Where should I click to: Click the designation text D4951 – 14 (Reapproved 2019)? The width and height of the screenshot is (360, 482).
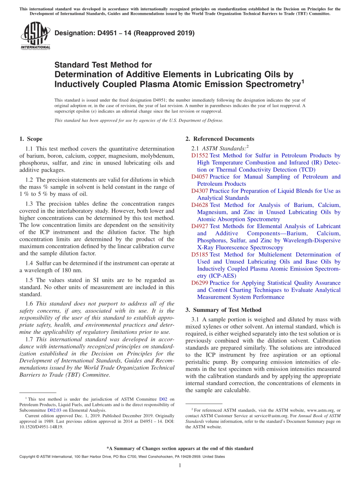coord(125,33)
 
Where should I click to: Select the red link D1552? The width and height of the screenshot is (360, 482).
coord(200,155)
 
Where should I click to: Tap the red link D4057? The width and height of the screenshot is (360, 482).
coord(200,177)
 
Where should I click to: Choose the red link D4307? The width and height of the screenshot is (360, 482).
coord(200,191)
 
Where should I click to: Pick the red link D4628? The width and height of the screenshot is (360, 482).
coord(200,205)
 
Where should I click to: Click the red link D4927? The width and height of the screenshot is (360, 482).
coord(200,226)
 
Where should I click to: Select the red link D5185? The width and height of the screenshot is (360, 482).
coord(200,255)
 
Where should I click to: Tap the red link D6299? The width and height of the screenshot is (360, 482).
coord(200,283)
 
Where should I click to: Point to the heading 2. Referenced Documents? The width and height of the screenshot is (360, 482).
coord(220,139)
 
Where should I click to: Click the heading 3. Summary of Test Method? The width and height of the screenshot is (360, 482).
coord(223,310)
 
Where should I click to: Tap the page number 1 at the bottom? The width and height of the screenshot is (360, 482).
coord(180,465)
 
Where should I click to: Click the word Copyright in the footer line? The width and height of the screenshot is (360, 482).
coord(29,457)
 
